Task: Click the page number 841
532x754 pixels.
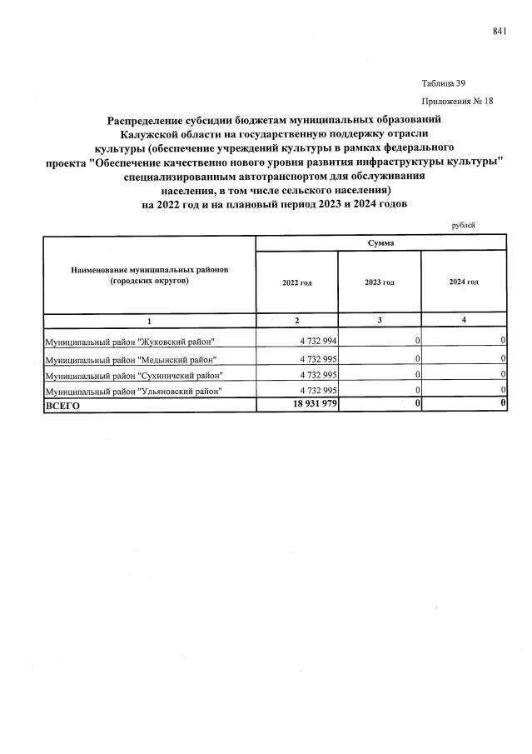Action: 500,31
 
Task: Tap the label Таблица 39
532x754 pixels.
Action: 444,83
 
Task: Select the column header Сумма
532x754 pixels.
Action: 380,242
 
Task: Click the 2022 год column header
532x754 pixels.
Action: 296,282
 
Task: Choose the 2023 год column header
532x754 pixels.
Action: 380,282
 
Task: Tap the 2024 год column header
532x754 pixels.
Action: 464,282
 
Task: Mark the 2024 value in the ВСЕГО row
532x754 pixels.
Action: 503,404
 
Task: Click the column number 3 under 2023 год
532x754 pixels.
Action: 380,320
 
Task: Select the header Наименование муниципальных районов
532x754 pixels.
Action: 149,271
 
